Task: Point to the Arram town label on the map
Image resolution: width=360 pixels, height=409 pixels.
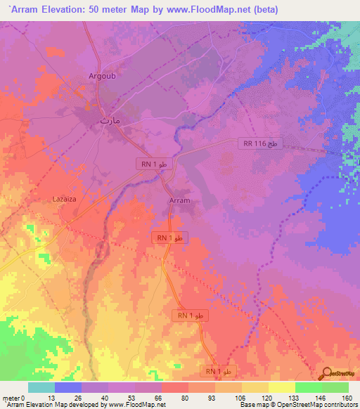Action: pyautogui.click(x=180, y=200)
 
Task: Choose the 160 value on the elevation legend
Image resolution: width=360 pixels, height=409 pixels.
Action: pyautogui.click(x=347, y=398)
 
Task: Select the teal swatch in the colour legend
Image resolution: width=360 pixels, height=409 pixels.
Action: pyautogui.click(x=41, y=387)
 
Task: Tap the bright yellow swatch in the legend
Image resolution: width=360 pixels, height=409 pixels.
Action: pyautogui.click(x=281, y=387)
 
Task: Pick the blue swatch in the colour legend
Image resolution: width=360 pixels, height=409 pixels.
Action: pyautogui.click(x=68, y=387)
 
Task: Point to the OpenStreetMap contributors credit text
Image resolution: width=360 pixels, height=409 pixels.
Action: pyautogui.click(x=316, y=405)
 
